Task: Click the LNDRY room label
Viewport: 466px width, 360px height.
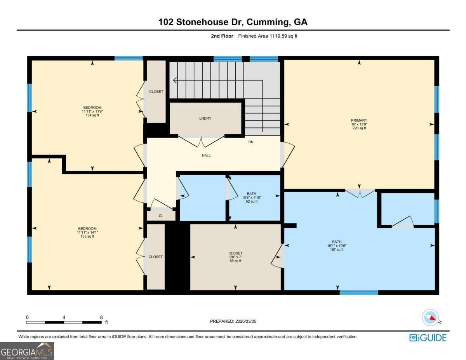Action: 205,118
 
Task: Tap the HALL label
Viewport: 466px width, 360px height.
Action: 206,155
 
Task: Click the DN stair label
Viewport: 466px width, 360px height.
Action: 251,142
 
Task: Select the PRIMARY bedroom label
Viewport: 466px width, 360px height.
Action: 359,120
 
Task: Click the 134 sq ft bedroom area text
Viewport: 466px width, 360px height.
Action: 92,115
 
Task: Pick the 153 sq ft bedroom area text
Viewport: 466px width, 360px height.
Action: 87,236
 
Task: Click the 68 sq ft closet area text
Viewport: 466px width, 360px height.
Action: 235,261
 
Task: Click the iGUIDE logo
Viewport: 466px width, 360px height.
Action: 428,337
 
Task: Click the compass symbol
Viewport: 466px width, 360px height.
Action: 430,318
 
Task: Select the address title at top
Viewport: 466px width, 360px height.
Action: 233,22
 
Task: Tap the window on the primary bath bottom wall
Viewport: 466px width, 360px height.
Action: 359,292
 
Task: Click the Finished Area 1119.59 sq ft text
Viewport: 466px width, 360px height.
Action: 268,36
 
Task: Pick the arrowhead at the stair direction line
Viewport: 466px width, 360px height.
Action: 175,80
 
